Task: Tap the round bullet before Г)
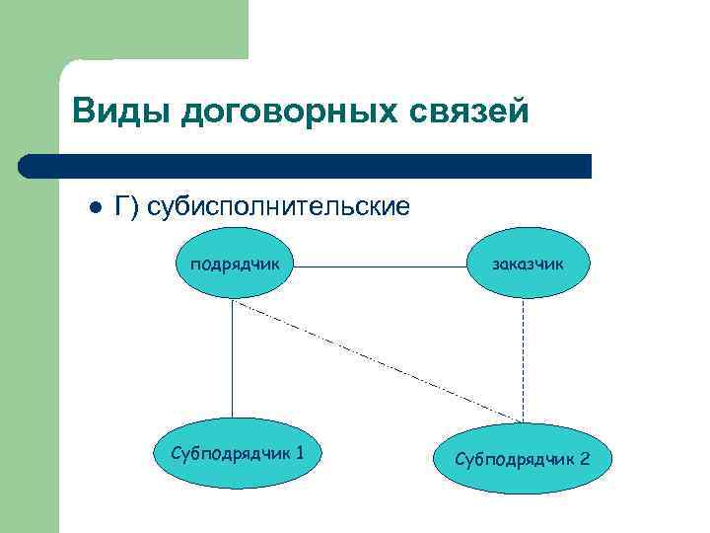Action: tap(96, 208)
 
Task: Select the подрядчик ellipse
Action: tap(233, 266)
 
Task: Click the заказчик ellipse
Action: tap(530, 266)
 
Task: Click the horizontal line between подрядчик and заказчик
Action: tap(381, 266)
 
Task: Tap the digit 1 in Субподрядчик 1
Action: tap(299, 452)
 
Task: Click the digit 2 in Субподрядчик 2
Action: tap(586, 459)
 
